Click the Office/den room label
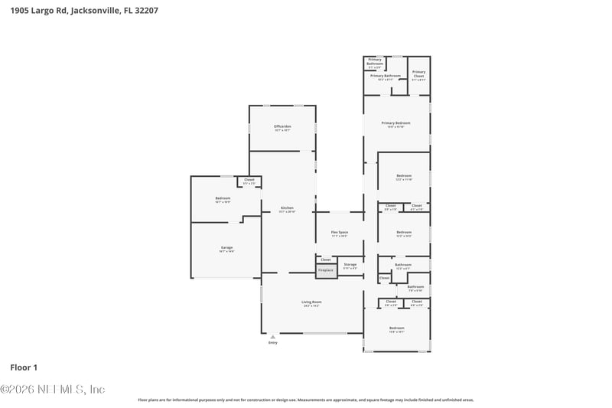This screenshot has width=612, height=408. [x=282, y=127]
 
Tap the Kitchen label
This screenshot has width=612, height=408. [x=287, y=209]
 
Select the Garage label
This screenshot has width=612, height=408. [x=226, y=249]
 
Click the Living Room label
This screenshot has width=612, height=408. [x=311, y=303]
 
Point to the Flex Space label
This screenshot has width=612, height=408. [x=339, y=233]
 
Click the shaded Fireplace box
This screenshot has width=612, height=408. [x=326, y=270]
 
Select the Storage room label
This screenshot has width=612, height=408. [x=350, y=265]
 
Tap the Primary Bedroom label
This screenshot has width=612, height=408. [x=396, y=124]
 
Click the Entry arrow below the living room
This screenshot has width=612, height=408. [x=272, y=336]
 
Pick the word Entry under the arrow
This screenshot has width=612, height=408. [x=272, y=342]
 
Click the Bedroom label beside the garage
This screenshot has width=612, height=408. [x=223, y=199]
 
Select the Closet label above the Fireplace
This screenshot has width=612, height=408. [x=326, y=259]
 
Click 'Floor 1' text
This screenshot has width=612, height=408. [x=24, y=367]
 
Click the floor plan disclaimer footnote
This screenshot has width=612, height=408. [x=305, y=400]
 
